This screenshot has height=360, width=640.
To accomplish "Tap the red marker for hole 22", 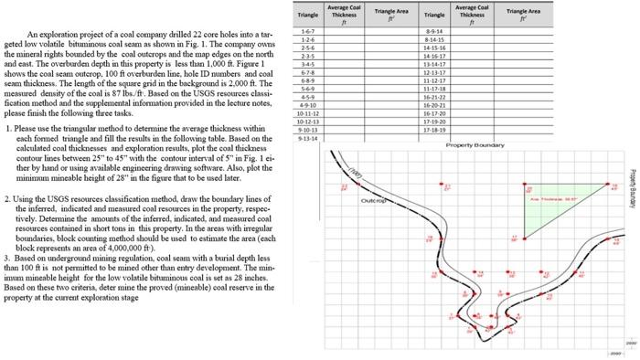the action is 344,188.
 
